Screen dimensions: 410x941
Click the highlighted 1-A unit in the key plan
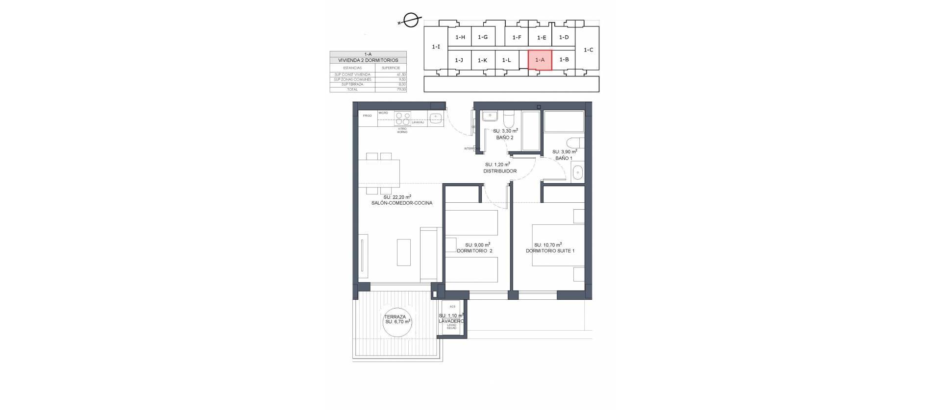tap(540, 60)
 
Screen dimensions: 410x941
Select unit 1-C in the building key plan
tap(589, 49)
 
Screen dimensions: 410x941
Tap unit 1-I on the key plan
tap(436, 47)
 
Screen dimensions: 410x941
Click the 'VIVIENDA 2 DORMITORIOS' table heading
tap(368, 60)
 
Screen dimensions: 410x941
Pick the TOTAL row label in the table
tap(352, 90)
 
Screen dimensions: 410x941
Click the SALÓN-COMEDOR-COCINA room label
tap(402, 203)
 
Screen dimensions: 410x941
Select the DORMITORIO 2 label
tap(474, 251)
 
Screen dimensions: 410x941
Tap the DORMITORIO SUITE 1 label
tap(550, 251)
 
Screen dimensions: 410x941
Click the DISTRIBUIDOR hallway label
tap(500, 171)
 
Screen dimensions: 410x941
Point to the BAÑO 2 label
tap(505, 138)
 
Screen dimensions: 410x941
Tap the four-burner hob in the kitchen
tap(403, 119)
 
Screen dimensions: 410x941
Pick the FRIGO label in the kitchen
tap(367, 116)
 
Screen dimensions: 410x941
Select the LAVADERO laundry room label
tap(451, 321)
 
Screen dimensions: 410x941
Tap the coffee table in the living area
tap(404, 252)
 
